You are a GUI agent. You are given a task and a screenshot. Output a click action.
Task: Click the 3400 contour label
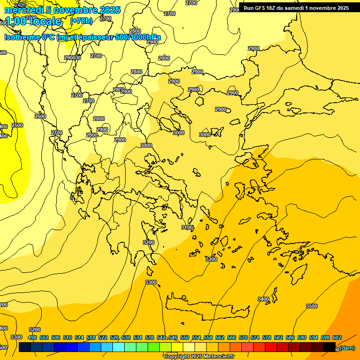click(x=263, y=299)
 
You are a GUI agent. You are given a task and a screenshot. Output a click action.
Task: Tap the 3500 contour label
click(x=312, y=306)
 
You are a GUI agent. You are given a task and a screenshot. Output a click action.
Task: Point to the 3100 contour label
click(x=187, y=227)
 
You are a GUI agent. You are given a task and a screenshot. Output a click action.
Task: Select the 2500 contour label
click(x=17, y=125)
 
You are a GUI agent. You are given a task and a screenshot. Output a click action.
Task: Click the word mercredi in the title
click(x=22, y=10)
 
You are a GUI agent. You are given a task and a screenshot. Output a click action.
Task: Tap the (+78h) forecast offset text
click(x=81, y=21)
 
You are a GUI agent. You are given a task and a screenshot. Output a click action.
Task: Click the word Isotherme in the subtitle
click(x=22, y=37)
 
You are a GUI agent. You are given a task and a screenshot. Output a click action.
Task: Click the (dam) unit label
click(x=347, y=348)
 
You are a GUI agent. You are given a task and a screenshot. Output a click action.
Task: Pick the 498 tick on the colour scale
click(x=32, y=337)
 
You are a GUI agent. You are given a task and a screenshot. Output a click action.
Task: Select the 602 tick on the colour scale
click(x=337, y=337)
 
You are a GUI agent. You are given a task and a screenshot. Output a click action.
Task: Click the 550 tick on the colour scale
click(x=185, y=337)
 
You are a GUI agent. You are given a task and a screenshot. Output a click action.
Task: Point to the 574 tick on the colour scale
click(x=255, y=337)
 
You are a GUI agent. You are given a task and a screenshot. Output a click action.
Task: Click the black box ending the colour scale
click(x=330, y=347)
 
